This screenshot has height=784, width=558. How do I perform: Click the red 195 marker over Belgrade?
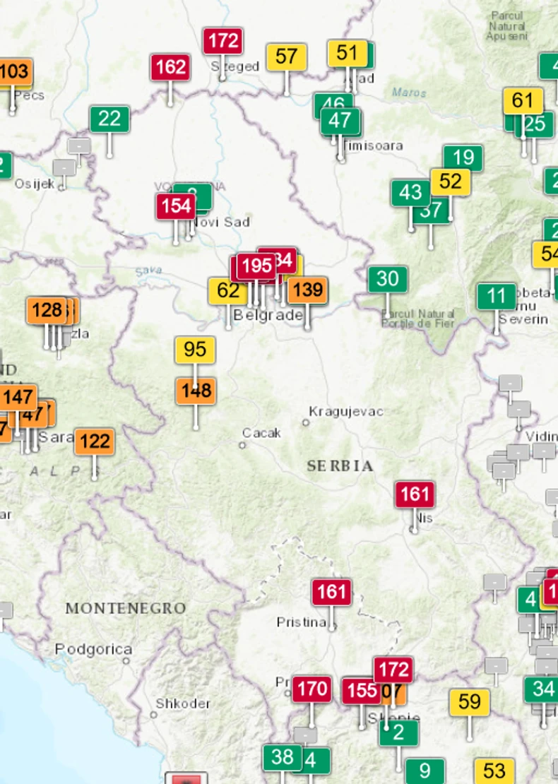coord(256,266)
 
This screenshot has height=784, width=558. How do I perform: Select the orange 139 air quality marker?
coord(307,290)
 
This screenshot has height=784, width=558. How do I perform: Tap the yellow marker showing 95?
coord(195,350)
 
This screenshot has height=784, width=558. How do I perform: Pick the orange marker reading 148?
coord(196,391)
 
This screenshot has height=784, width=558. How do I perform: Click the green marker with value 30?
coord(387,279)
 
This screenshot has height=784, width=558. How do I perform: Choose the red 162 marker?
coord(170,67)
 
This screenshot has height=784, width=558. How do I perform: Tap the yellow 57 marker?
coord(286,57)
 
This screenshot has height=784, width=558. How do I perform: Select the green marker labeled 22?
coord(109,119)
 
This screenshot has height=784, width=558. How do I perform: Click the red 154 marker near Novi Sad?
coord(175,207)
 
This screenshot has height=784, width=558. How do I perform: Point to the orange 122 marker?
coord(95,442)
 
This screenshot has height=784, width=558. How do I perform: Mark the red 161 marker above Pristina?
coord(331,592)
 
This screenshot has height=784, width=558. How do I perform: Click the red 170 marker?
coord(311,689)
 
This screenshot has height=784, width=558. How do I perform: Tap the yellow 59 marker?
coord(470,702)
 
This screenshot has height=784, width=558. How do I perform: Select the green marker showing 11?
coord(497,296)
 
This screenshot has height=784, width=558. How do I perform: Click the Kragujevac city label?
coord(346,411)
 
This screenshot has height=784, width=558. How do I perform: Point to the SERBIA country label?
coord(340,466)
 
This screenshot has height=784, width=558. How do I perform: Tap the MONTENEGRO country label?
coord(126,608)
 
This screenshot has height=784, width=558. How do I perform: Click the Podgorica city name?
coord(93,649)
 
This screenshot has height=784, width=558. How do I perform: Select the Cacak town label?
coord(261,432)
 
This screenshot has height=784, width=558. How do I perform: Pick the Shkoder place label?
coord(183,703)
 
